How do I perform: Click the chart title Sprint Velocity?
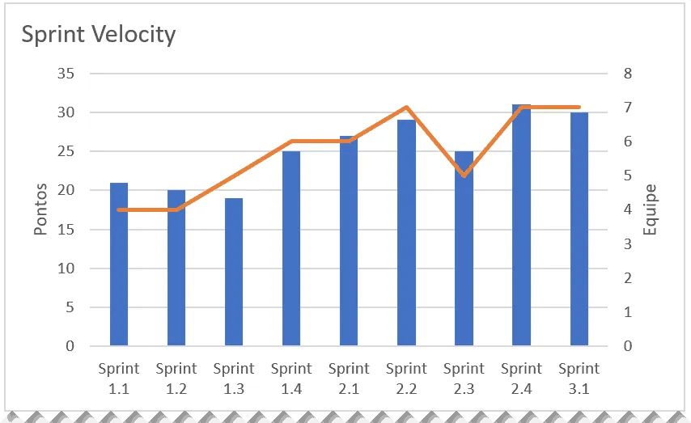pyautogui.click(x=98, y=34)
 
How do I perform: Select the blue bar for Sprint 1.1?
pyautogui.click(x=119, y=264)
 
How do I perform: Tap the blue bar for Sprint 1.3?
pyautogui.click(x=234, y=272)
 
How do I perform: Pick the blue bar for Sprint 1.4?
pyautogui.click(x=291, y=248)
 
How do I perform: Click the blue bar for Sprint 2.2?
pyautogui.click(x=406, y=233)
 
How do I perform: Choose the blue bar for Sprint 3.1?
pyautogui.click(x=579, y=229)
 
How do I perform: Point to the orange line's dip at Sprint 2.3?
pyautogui.click(x=464, y=176)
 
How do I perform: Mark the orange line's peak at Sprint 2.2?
pyautogui.click(x=406, y=107)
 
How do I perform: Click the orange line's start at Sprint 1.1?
pyautogui.click(x=119, y=209)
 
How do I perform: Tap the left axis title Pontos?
pyautogui.click(x=40, y=209)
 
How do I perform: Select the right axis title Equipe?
pyautogui.click(x=650, y=209)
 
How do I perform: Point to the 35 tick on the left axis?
pyautogui.click(x=66, y=73)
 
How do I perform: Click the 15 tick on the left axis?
pyautogui.click(x=66, y=229)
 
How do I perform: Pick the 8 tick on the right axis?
pyautogui.click(x=628, y=73)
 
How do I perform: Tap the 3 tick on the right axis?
pyautogui.click(x=628, y=243)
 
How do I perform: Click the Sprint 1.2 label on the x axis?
pyautogui.click(x=176, y=379)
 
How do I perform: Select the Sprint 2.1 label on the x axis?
pyautogui.click(x=349, y=379)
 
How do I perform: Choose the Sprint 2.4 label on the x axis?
pyautogui.click(x=521, y=379)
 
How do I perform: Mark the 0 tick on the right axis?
pyautogui.click(x=628, y=346)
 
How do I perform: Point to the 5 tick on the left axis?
pyautogui.click(x=70, y=307)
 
